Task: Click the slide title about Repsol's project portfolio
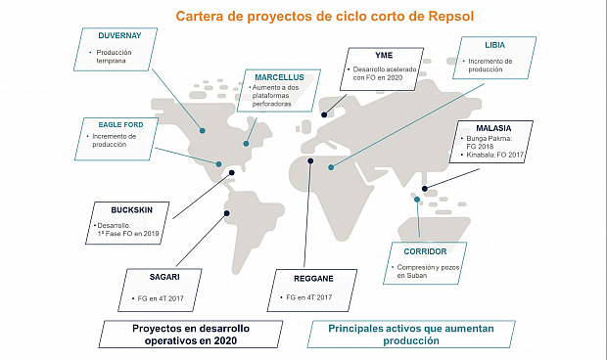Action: (x=309, y=17)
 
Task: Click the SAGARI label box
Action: (x=159, y=278)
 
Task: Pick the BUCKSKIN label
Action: (x=132, y=208)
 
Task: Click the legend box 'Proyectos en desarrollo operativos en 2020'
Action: (x=184, y=333)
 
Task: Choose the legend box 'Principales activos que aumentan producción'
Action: (x=410, y=333)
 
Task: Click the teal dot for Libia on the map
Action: (x=332, y=167)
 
